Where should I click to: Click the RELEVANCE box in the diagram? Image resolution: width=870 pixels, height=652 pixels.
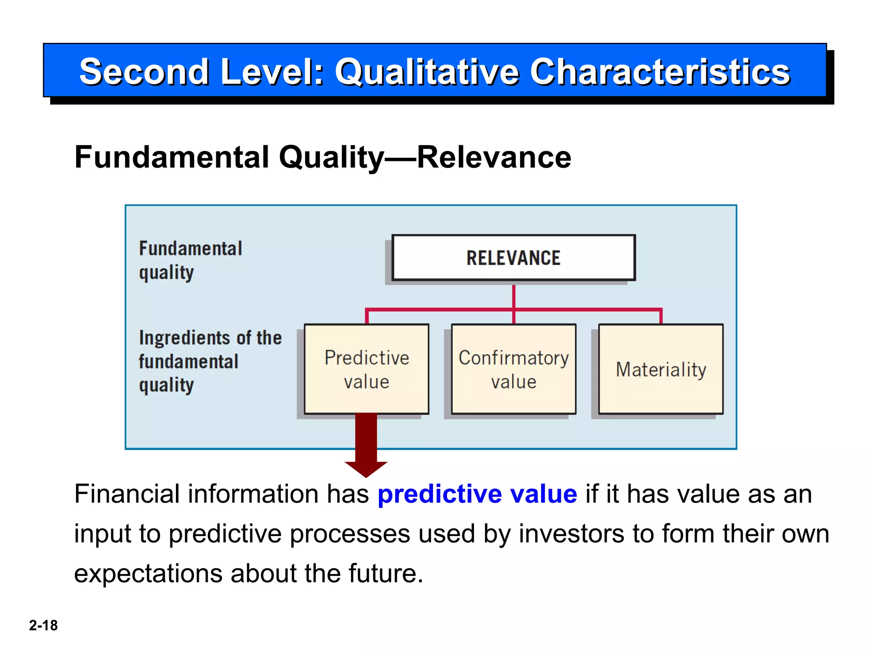click(513, 258)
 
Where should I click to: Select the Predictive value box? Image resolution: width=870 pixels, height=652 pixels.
click(367, 369)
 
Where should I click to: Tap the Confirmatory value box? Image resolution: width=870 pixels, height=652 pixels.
click(514, 369)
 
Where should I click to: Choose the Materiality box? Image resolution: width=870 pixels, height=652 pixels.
click(661, 369)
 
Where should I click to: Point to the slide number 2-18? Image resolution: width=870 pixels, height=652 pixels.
click(43, 625)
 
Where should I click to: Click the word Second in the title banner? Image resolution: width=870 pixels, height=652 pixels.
click(144, 72)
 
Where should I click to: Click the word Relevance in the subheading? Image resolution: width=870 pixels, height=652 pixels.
click(494, 157)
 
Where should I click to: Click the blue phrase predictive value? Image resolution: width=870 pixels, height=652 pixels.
click(477, 494)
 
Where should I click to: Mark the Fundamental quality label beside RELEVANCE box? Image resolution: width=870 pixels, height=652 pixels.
click(190, 260)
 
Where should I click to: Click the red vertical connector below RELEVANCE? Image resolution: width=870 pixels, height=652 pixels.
click(514, 296)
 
